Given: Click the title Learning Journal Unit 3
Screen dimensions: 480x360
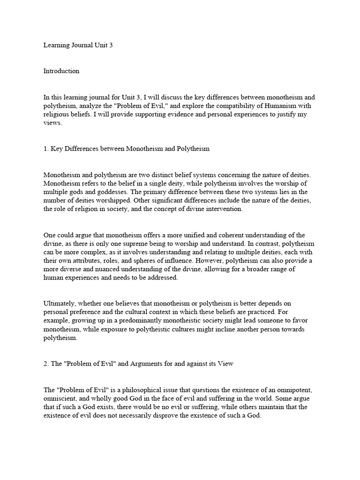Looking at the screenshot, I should [78, 45].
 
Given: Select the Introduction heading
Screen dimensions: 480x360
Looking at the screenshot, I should [61, 71].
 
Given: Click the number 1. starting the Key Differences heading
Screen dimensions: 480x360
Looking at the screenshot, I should [46, 149].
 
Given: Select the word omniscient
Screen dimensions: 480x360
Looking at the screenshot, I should [60, 399].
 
